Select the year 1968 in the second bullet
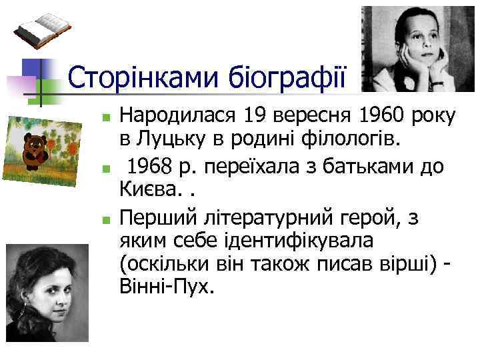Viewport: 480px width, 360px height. [x=151, y=167]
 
